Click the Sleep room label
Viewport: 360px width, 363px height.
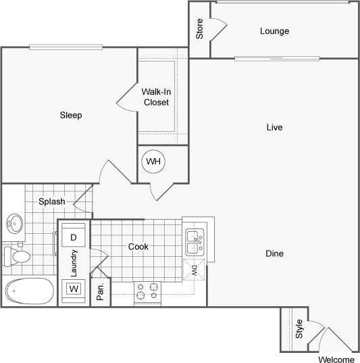[x=70, y=116]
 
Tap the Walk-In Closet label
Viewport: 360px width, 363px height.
[x=155, y=97]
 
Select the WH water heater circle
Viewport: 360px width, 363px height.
[x=154, y=162]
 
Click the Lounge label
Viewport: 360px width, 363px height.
[x=274, y=31]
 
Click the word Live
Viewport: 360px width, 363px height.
[x=274, y=127]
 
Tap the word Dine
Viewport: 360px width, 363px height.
[x=274, y=253]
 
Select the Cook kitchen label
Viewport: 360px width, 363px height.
[x=138, y=247]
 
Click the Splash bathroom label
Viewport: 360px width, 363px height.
[x=51, y=201]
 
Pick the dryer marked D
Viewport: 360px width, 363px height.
[x=74, y=237]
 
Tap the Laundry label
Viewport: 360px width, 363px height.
[x=74, y=264]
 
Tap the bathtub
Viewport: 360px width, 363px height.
[x=29, y=291]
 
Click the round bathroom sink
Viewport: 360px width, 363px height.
[x=14, y=222]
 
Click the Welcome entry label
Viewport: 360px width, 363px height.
[x=336, y=359]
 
